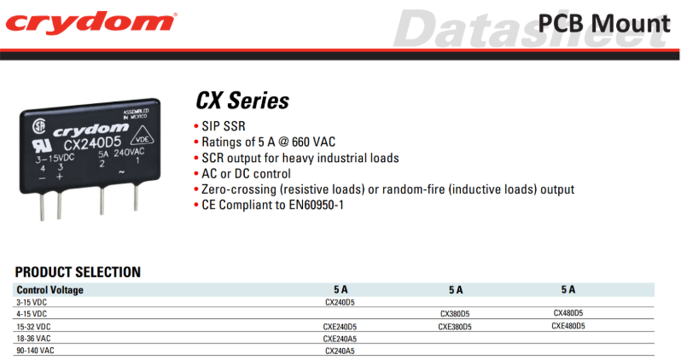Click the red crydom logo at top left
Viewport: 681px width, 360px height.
(x=90, y=21)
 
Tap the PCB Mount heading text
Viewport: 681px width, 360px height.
(x=604, y=23)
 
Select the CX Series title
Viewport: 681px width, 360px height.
(x=242, y=101)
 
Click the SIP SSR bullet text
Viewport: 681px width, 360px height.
(x=224, y=126)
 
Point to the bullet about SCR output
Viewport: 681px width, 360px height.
(x=300, y=158)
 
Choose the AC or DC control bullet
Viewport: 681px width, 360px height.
(x=246, y=174)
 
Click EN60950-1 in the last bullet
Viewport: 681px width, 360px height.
(x=316, y=205)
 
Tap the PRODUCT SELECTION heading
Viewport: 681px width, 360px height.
(x=78, y=272)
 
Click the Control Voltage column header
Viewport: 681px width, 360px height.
(x=50, y=290)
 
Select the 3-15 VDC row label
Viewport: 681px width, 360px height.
(x=32, y=302)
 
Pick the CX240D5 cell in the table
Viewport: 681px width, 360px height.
(x=340, y=302)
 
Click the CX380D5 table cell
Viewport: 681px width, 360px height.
(x=455, y=314)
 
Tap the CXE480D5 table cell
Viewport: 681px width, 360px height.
(x=568, y=326)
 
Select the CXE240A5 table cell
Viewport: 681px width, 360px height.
(x=340, y=339)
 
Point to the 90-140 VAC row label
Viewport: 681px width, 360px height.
(x=35, y=351)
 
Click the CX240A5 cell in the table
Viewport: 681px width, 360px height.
(x=340, y=351)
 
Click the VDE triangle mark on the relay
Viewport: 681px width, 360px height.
(x=143, y=136)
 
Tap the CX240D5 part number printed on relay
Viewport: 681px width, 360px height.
(x=92, y=142)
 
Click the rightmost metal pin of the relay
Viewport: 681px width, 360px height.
(x=136, y=198)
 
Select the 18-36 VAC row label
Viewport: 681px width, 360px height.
(x=33, y=339)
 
